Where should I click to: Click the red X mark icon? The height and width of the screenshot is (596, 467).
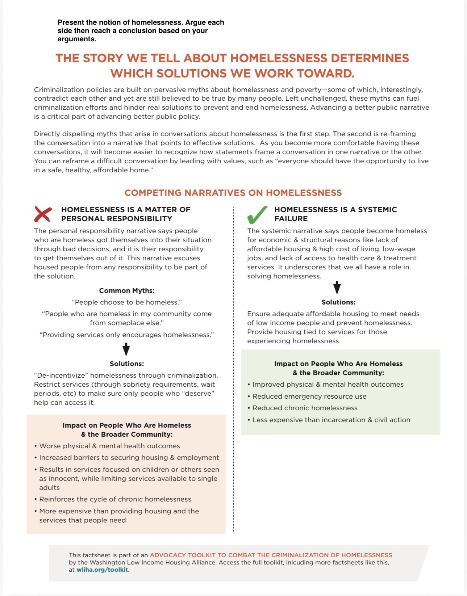[43, 214]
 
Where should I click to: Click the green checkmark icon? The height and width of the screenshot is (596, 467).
[257, 215]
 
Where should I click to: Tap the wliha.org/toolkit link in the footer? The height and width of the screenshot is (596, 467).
[102, 570]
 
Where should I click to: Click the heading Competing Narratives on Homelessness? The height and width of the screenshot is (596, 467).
[233, 193]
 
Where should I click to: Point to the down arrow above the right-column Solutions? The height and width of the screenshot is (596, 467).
[337, 287]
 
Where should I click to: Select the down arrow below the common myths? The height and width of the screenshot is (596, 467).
[126, 349]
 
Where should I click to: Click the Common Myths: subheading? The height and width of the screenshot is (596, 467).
[127, 290]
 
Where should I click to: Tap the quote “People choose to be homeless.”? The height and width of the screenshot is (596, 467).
[127, 302]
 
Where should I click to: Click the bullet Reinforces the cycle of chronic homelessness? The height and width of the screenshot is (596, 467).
[115, 499]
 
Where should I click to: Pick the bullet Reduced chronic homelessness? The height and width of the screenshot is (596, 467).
[305, 408]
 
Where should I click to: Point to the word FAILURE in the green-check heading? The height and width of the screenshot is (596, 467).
[291, 219]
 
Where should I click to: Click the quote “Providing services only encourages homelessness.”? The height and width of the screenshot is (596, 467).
[127, 335]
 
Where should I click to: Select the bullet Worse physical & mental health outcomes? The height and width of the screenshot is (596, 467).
[109, 446]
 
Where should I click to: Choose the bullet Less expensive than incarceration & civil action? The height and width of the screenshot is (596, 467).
[331, 420]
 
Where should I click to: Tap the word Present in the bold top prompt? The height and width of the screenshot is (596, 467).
[71, 22]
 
